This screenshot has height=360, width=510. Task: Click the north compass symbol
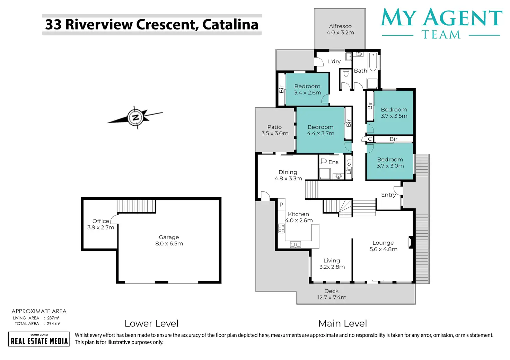coord(136,118)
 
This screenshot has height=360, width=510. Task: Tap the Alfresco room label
coord(340,29)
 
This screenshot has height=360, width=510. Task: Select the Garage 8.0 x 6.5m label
coord(169,240)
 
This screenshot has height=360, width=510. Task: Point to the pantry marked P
coord(281,205)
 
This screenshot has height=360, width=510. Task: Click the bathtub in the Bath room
coord(373,62)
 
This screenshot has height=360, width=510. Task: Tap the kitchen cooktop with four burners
coord(281,228)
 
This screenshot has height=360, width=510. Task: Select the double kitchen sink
coord(296,245)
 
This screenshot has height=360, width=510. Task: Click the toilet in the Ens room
coord(323,161)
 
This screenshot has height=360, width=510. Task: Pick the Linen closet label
coord(349,167)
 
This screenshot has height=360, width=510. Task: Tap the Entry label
coord(388,195)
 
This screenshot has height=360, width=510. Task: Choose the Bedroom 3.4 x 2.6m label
coord(307,89)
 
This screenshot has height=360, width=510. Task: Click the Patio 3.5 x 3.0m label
coord(275,130)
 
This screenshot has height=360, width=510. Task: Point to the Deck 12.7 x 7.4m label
coord(332,294)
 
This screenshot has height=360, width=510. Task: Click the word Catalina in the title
coord(230,25)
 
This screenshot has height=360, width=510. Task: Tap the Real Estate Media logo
coord(39,339)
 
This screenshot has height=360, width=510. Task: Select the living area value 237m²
coord(53,318)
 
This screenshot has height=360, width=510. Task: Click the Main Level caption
coord(342,323)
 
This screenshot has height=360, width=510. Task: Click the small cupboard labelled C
coord(370,139)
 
